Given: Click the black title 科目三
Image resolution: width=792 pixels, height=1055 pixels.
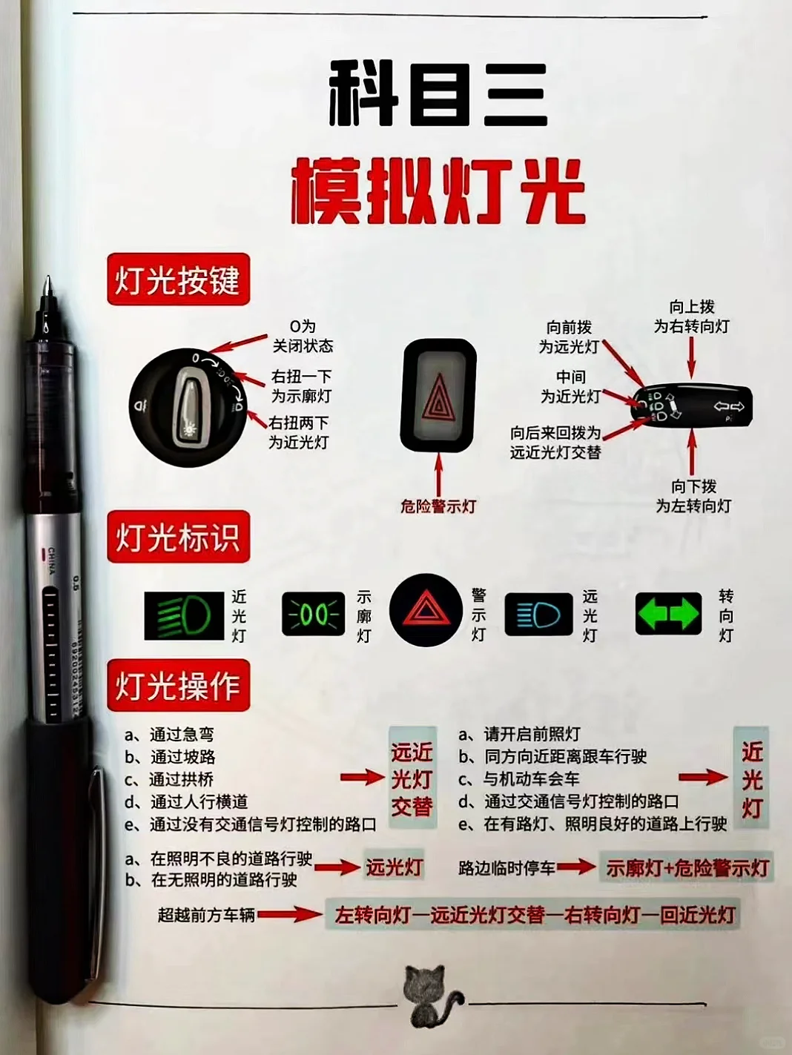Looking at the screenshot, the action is (x=438, y=94).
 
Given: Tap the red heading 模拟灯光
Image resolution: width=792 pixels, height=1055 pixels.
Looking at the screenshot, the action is (x=438, y=191).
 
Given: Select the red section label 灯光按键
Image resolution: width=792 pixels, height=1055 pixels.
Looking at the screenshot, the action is (x=178, y=280).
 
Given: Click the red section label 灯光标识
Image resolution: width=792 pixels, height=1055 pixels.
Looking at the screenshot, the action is (x=178, y=537).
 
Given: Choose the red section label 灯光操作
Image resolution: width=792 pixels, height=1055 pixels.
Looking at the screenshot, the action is (x=178, y=685).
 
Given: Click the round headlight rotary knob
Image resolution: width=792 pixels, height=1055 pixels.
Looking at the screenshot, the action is (x=188, y=406).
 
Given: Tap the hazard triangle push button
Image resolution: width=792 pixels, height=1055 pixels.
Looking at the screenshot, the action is (x=438, y=396).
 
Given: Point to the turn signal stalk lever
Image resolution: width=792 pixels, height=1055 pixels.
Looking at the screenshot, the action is (x=692, y=406).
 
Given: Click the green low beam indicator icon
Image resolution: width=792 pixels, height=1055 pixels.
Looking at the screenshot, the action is (x=184, y=616).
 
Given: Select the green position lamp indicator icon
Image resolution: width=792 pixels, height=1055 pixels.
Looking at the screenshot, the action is (x=314, y=615).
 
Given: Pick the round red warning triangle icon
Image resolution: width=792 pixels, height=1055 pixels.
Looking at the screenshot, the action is (x=426, y=610).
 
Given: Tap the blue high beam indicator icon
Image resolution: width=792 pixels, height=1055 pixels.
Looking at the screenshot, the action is (x=538, y=615).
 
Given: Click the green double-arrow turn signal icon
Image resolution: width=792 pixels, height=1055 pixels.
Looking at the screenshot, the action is (x=668, y=614).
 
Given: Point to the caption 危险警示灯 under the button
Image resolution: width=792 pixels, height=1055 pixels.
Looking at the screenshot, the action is (x=438, y=506).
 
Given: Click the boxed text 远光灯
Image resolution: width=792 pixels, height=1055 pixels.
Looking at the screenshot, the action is (x=394, y=867).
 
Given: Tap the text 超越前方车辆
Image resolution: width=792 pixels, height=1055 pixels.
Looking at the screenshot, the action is (x=206, y=915).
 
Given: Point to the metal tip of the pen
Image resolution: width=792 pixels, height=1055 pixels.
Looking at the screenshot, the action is (x=47, y=286).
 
